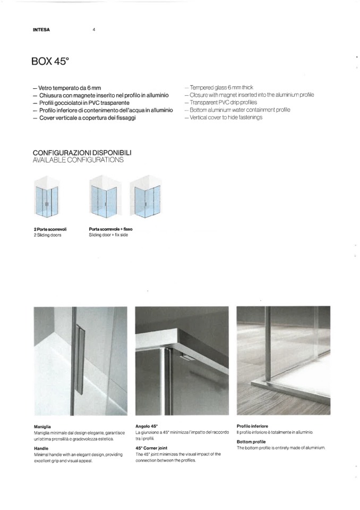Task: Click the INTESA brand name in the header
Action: coord(41,30)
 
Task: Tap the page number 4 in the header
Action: coord(94,30)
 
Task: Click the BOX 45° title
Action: coord(50,61)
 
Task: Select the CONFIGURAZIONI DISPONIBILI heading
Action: coord(82,153)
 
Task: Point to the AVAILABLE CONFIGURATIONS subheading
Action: coord(78,160)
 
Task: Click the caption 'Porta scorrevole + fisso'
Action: coord(110,229)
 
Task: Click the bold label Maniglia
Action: coord(42,427)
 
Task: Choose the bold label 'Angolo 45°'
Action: coord(147,427)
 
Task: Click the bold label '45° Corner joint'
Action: coord(151,448)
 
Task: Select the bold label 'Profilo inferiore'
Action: coord(252,426)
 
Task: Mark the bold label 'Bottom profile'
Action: coord(251,441)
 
